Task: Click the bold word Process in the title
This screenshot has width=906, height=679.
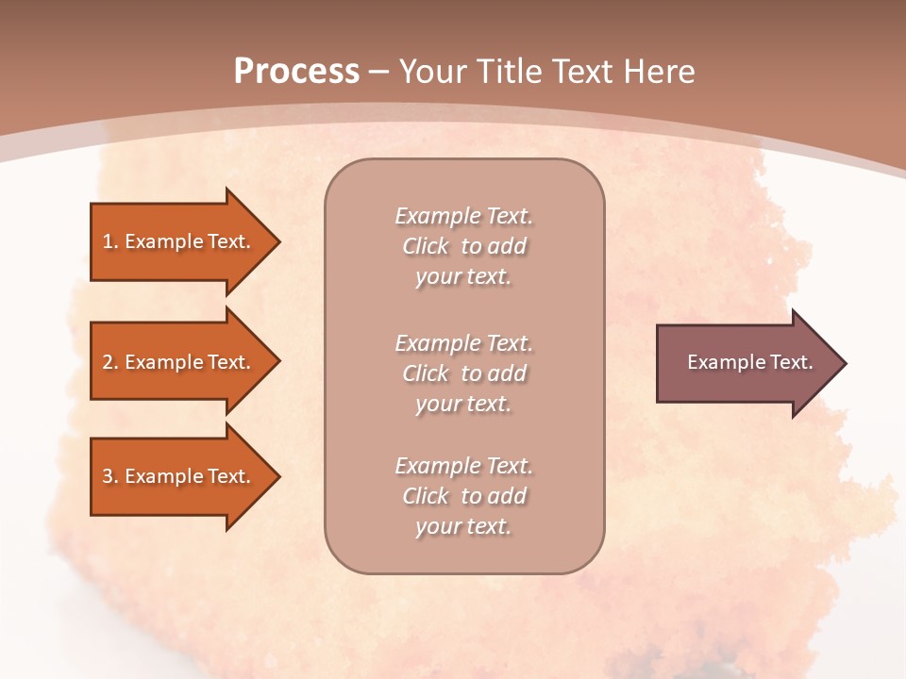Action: [x=296, y=72]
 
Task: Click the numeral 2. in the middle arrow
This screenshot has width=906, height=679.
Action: [x=110, y=362]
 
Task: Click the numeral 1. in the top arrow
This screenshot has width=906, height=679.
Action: [x=110, y=241]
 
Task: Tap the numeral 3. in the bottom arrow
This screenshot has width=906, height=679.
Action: [x=110, y=476]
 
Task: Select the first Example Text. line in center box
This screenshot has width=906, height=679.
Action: [x=463, y=216]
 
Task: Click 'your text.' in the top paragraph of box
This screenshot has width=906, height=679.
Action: [x=463, y=277]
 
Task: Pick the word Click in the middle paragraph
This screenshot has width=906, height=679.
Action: [x=426, y=373]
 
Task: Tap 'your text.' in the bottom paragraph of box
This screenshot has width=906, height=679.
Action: [x=463, y=526]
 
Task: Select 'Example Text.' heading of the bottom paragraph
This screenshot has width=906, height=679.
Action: [x=463, y=466]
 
